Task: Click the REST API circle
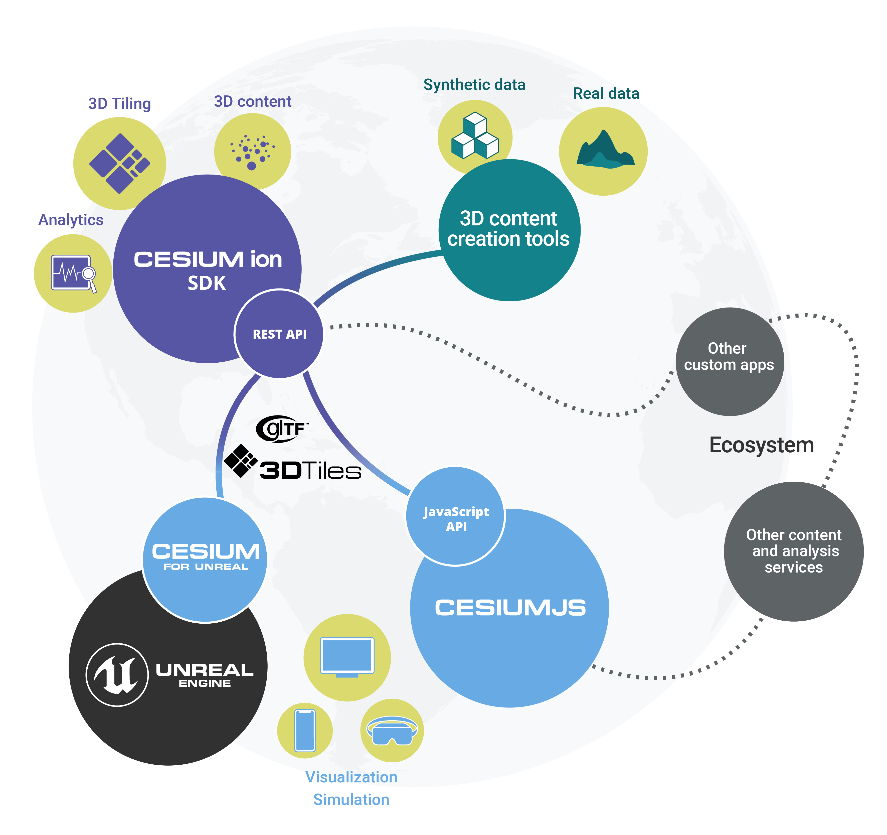(x=279, y=334)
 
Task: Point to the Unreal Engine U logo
(x=117, y=674)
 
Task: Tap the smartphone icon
(x=305, y=731)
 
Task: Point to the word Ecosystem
(x=762, y=445)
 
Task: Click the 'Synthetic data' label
(x=474, y=85)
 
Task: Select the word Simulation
(x=351, y=799)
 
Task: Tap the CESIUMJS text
(x=510, y=608)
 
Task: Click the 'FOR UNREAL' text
(x=206, y=567)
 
